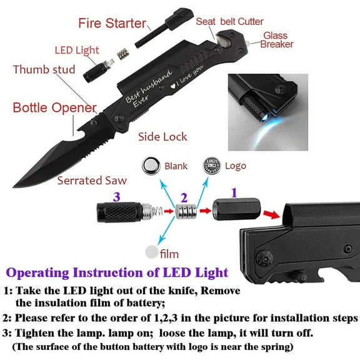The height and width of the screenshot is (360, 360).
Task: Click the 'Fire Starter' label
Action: point(112,24)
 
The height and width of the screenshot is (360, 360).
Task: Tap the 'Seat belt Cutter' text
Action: point(229,21)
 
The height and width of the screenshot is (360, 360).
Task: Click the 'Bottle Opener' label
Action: point(54,107)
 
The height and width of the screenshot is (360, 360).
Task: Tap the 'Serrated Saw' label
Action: point(92,181)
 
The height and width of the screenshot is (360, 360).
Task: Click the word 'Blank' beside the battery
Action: point(176,166)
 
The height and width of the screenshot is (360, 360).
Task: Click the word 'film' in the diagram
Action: point(169,254)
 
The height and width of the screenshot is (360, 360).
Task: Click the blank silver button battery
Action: point(150,166)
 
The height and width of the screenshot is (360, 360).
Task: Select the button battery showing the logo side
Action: point(211,166)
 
